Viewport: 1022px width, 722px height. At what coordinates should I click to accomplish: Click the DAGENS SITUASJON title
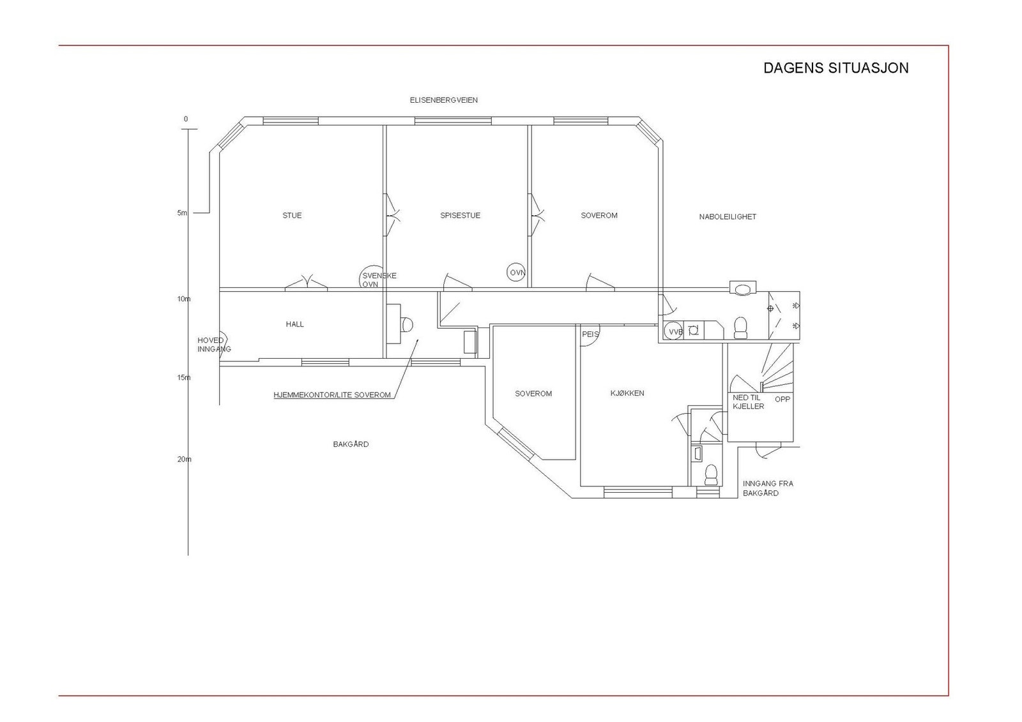[x=835, y=68]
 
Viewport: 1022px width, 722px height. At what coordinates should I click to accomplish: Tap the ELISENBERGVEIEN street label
[x=443, y=100]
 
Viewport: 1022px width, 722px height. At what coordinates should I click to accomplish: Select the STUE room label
[x=292, y=216]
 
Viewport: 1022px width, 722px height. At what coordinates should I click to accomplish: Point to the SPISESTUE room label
[x=460, y=216]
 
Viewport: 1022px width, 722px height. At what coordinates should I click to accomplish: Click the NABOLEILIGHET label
[x=728, y=217]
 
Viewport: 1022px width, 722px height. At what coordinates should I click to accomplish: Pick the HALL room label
[x=295, y=324]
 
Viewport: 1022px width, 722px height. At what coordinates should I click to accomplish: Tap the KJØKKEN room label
[x=627, y=393]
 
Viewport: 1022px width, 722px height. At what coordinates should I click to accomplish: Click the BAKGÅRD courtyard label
[x=351, y=444]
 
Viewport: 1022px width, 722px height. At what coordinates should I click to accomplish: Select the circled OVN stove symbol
[x=517, y=273]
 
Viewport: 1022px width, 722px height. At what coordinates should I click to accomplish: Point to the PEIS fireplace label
[x=590, y=334]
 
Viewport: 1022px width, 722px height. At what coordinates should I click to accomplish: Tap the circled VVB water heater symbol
[x=674, y=331]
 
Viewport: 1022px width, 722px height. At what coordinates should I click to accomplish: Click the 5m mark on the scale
[x=183, y=213]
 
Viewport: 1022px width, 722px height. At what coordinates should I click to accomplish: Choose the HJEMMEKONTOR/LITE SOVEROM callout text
[x=332, y=395]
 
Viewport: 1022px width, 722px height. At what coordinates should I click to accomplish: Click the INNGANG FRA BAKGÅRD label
[x=768, y=488]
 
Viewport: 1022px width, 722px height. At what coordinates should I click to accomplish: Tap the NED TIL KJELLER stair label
[x=748, y=402]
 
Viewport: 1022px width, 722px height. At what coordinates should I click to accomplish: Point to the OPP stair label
[x=782, y=400]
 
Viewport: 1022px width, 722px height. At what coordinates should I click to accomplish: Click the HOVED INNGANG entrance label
[x=213, y=345]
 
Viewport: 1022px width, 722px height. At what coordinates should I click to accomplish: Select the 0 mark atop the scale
[x=186, y=119]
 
